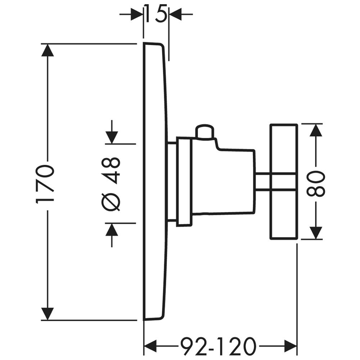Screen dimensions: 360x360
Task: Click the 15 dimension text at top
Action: point(156,14)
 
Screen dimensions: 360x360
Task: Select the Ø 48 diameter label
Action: point(111,184)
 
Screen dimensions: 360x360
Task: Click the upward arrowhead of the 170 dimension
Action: point(48,50)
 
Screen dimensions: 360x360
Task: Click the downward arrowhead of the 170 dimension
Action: point(48,314)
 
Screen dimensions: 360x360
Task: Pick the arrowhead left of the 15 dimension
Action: point(136,14)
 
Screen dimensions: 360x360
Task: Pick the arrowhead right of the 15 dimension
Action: point(176,14)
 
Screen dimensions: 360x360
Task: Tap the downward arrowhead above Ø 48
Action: point(112,138)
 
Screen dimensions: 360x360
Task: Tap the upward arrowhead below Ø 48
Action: point(112,230)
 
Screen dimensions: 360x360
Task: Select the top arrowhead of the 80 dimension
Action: point(316,130)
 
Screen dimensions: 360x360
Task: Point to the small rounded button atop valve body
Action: point(205,132)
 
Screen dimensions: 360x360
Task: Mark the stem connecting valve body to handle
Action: point(262,181)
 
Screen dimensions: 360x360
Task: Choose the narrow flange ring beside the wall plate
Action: point(184,182)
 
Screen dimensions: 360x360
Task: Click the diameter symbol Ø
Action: point(111,202)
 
